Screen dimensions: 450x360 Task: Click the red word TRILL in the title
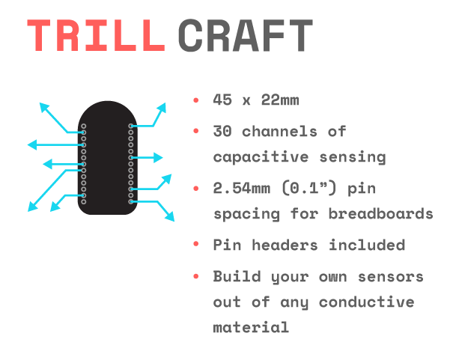pos(96,35)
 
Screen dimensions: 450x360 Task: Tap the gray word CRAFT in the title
pos(246,36)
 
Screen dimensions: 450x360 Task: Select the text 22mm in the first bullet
pos(280,100)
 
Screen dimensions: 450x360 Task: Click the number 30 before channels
pos(222,132)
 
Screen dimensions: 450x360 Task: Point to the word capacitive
pos(261,157)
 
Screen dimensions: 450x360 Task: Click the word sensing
pos(353,157)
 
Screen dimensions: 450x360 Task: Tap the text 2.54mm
pos(241,189)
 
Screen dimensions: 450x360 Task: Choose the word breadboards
pos(380,214)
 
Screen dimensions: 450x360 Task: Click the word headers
pos(285,245)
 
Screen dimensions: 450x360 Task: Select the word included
pos(367,245)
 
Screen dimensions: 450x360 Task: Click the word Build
pos(237,276)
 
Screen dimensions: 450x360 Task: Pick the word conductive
pos(366,302)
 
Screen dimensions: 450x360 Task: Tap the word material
pos(251,327)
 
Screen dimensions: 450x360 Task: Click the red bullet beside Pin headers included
pos(196,244)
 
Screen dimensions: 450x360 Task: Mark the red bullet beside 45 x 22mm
pos(196,100)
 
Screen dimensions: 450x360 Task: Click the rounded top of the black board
pos(108,101)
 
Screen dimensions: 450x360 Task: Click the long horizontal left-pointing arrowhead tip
pos(28,145)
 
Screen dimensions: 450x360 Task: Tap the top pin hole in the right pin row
pos(131,126)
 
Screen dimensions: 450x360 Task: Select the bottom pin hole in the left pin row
pos(84,201)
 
